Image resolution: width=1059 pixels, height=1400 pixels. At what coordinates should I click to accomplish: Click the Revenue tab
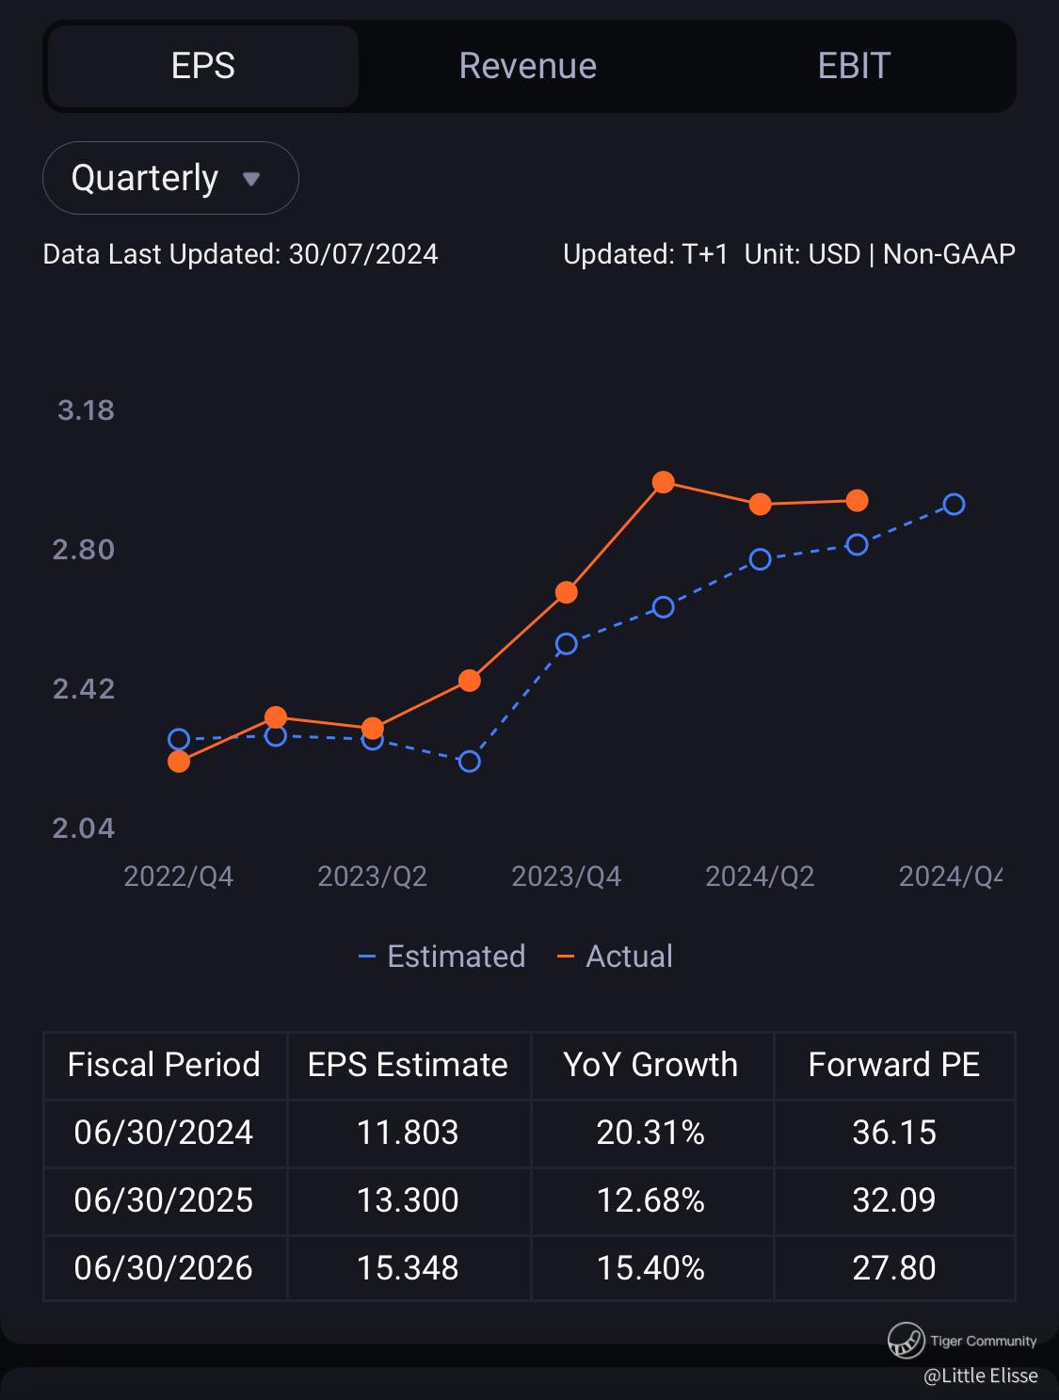pos(527,66)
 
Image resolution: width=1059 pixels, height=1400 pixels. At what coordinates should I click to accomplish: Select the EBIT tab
pos(853,66)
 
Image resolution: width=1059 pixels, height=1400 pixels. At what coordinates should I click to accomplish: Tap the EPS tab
pos(203,66)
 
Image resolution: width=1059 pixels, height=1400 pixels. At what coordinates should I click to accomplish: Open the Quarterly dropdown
pos(170,178)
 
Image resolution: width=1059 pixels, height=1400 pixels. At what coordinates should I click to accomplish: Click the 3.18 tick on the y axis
pos(86,410)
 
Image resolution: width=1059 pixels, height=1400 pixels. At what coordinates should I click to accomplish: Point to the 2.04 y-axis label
pos(84,829)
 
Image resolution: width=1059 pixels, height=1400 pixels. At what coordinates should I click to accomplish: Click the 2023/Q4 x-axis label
pos(566,877)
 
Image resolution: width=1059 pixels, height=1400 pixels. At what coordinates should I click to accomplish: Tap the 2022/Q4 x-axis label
pos(178,877)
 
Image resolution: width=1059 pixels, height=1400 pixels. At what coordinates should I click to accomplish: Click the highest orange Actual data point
pos(663,482)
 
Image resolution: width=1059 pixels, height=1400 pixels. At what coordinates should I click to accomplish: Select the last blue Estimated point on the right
pos(954,505)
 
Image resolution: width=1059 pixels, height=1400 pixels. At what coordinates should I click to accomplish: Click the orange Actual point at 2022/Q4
pos(179,761)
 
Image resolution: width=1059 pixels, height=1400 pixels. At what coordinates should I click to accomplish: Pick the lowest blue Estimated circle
pos(469,761)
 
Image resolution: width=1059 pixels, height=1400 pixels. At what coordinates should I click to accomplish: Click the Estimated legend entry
pos(442,957)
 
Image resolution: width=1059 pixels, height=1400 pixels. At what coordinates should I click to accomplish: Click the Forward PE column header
pos(893,1065)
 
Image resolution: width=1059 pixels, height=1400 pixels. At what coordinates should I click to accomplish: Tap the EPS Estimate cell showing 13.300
pos(408,1200)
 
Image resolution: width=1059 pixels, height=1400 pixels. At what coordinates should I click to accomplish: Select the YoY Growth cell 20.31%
pos(650,1133)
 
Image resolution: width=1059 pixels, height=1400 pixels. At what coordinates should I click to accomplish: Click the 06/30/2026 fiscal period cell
pos(164,1268)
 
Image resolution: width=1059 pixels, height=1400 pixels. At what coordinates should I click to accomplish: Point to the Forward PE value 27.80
pos(893,1268)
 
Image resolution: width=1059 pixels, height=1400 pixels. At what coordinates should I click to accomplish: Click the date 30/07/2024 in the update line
pos(363,254)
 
